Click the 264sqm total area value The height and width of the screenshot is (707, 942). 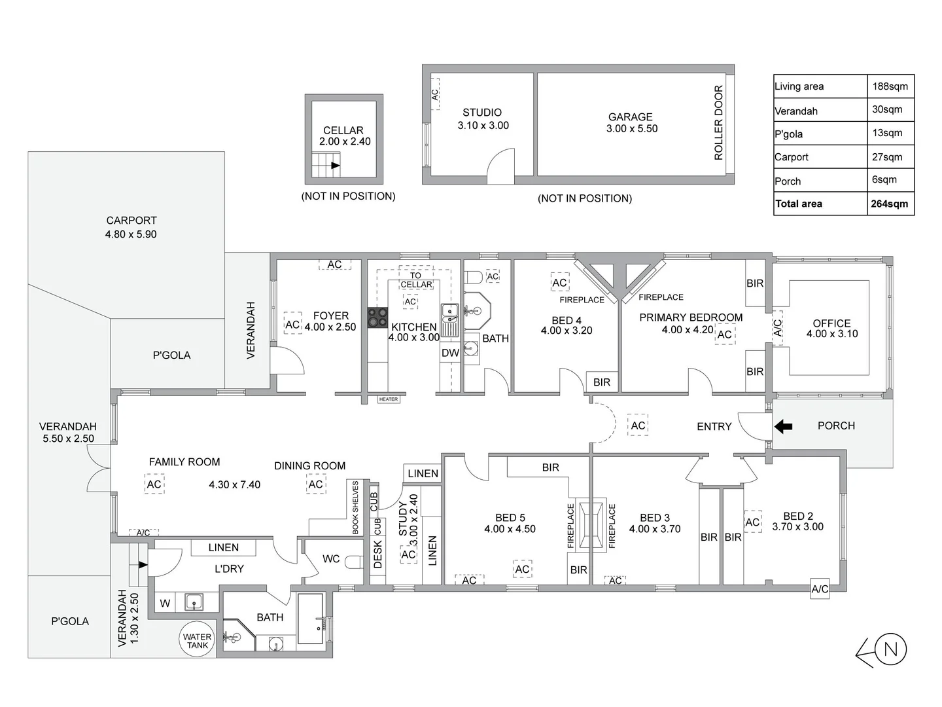(889, 204)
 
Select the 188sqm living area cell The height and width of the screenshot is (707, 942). (889, 86)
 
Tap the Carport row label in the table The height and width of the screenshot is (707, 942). (792, 157)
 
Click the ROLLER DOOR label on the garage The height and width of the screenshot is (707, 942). (718, 122)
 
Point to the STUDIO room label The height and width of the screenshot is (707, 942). (482, 113)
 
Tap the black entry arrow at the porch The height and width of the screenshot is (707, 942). (783, 427)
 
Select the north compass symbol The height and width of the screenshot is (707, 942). (890, 650)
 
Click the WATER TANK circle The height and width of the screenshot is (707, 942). (197, 641)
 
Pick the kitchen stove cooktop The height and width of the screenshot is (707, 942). (377, 317)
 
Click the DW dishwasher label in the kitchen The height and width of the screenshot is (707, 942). (450, 353)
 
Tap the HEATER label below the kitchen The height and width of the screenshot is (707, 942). (388, 399)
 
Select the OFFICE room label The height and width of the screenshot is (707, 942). (831, 323)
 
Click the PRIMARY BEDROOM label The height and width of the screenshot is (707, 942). (691, 317)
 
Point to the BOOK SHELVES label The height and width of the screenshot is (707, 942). (356, 507)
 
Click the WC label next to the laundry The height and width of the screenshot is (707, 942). (331, 559)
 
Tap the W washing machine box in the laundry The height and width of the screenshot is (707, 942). (165, 604)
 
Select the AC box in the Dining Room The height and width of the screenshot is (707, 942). (316, 484)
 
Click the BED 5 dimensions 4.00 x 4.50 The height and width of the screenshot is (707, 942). (510, 529)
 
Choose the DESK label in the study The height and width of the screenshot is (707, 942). (377, 554)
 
